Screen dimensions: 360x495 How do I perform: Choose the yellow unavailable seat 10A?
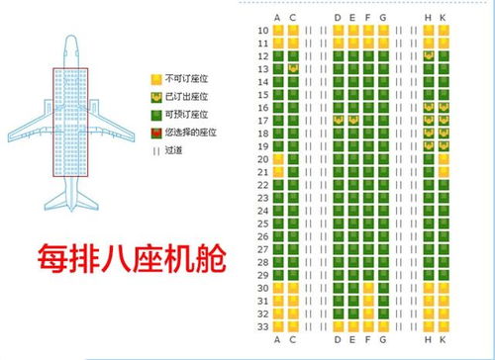click(x=278, y=31)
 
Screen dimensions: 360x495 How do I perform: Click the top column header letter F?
click(x=368, y=18)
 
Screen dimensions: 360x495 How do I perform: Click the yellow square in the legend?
click(x=154, y=78)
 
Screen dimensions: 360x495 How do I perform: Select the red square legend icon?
click(x=154, y=133)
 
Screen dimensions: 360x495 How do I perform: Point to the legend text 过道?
click(x=176, y=150)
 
